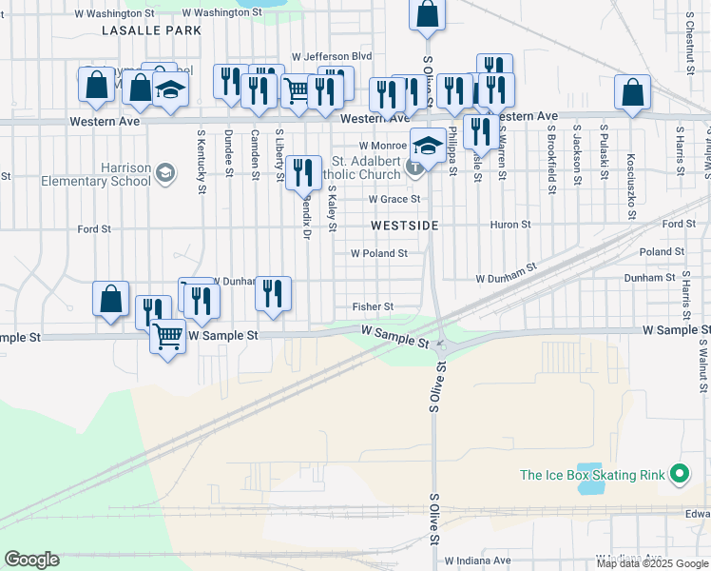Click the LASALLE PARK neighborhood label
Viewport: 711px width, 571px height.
point(152,30)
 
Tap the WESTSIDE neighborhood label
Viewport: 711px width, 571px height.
point(404,226)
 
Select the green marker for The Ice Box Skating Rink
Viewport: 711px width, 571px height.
point(679,473)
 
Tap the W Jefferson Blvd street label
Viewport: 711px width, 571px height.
point(331,56)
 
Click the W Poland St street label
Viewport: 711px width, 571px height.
point(378,253)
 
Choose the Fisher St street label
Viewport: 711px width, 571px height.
point(373,306)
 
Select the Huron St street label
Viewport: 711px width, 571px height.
point(510,225)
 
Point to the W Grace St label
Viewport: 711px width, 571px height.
point(394,199)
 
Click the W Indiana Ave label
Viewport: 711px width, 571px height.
point(477,561)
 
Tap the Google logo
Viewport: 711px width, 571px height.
point(31,560)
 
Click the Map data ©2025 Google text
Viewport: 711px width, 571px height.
point(651,563)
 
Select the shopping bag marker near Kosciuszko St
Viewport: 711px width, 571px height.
point(632,93)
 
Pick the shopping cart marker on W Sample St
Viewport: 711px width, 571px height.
point(167,336)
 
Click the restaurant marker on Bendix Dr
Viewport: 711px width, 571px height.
point(302,172)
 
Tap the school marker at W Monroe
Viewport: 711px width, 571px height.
point(428,147)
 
